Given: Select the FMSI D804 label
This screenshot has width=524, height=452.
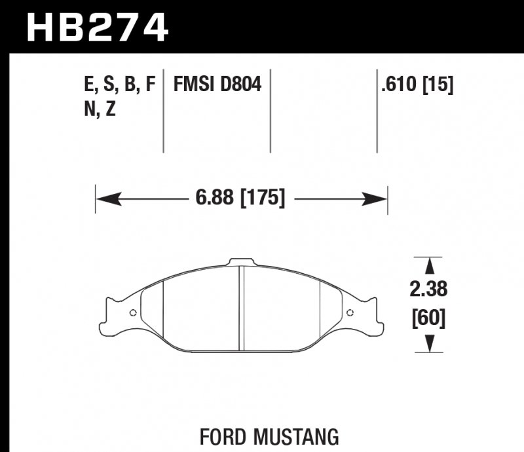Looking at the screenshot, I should tap(217, 85).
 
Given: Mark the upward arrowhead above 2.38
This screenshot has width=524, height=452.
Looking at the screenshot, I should tap(430, 265).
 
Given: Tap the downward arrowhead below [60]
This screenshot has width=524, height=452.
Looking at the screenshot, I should tap(430, 343).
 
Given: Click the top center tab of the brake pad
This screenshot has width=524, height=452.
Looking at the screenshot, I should tap(240, 262).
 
